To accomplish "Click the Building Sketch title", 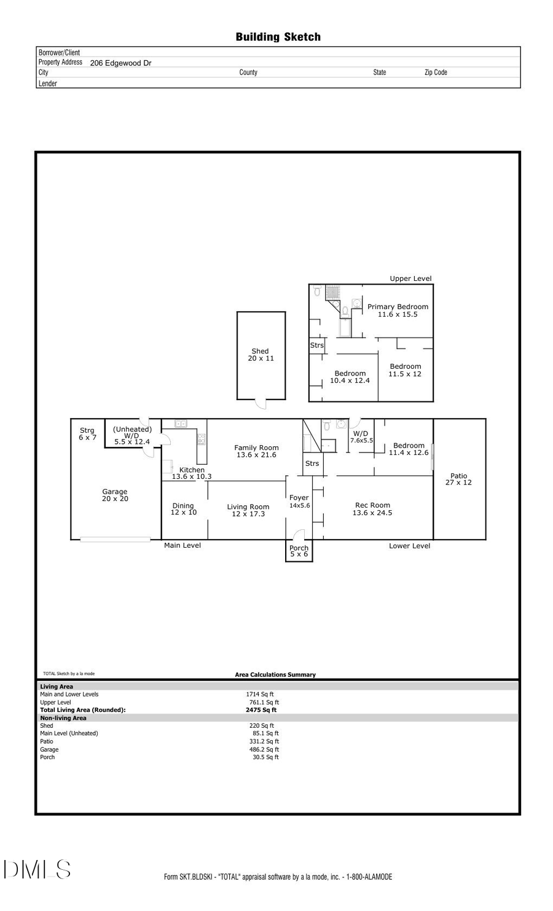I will [x=278, y=37].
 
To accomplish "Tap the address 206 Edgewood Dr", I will [x=120, y=63].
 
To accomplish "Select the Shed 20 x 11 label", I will [x=261, y=355].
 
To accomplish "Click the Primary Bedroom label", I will [x=398, y=310].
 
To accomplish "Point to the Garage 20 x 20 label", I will [x=115, y=495].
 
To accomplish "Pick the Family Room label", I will [x=256, y=451].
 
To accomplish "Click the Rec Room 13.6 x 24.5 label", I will [x=372, y=509].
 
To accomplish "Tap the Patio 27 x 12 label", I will [x=458, y=479].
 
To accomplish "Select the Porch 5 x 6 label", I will [x=299, y=551].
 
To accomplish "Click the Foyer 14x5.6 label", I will [x=299, y=502].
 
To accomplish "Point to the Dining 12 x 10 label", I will [x=183, y=509].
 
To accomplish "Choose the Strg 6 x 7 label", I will [x=87, y=434].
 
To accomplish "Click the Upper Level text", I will [x=410, y=278].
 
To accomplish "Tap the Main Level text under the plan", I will [x=182, y=545].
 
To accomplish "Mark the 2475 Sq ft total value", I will [x=261, y=710].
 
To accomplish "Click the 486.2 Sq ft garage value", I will [x=264, y=749].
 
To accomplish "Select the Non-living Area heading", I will [x=63, y=718].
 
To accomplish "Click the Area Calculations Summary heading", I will [x=275, y=674].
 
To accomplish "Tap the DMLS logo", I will [x=37, y=869].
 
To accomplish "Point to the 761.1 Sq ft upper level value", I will [x=264, y=702].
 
